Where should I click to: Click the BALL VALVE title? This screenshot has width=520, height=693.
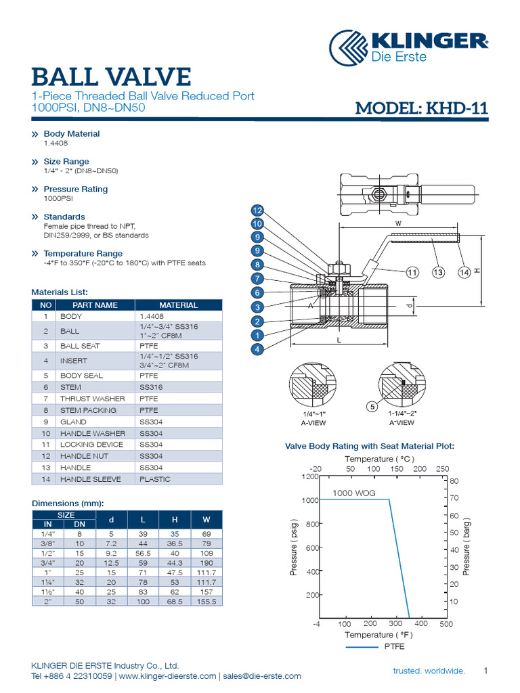[112, 76]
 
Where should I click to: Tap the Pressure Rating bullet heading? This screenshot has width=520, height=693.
[75, 189]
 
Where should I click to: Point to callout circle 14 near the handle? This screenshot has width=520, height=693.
[464, 273]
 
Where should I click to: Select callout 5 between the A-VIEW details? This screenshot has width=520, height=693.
[371, 407]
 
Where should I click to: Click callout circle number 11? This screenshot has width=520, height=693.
[412, 273]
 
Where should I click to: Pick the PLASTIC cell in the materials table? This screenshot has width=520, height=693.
[155, 479]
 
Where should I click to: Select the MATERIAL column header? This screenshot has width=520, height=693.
[178, 305]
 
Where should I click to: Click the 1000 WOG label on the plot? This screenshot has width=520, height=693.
[353, 493]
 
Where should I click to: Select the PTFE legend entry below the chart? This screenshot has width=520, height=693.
[394, 647]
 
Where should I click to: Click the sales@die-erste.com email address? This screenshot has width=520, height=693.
[261, 676]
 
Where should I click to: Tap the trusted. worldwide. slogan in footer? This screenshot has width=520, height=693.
[429, 671]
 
